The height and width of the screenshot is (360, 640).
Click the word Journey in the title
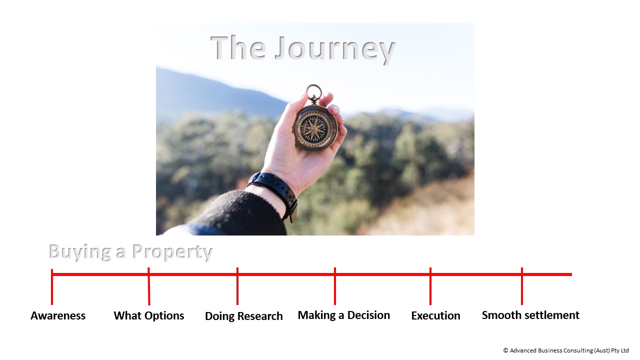(x=335, y=49)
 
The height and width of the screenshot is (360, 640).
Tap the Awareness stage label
(x=58, y=315)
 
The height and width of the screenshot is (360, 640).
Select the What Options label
(x=149, y=315)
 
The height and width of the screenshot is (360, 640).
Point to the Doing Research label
(x=243, y=316)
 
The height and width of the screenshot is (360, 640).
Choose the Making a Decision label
(x=343, y=315)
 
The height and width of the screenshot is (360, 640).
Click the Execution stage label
(x=435, y=315)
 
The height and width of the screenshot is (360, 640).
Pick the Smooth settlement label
(x=530, y=315)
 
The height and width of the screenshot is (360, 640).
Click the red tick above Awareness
(x=52, y=287)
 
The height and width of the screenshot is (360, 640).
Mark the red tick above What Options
(x=149, y=286)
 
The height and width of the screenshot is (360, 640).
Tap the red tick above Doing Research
(x=237, y=286)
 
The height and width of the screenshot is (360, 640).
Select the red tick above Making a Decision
(x=335, y=286)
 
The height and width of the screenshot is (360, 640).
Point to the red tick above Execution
(x=430, y=286)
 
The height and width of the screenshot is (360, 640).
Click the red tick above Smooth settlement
(x=522, y=286)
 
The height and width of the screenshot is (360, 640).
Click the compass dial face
(x=314, y=129)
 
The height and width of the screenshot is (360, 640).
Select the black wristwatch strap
(x=274, y=192)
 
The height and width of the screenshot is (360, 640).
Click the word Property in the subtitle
(x=172, y=252)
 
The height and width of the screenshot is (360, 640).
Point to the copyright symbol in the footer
(x=505, y=350)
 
